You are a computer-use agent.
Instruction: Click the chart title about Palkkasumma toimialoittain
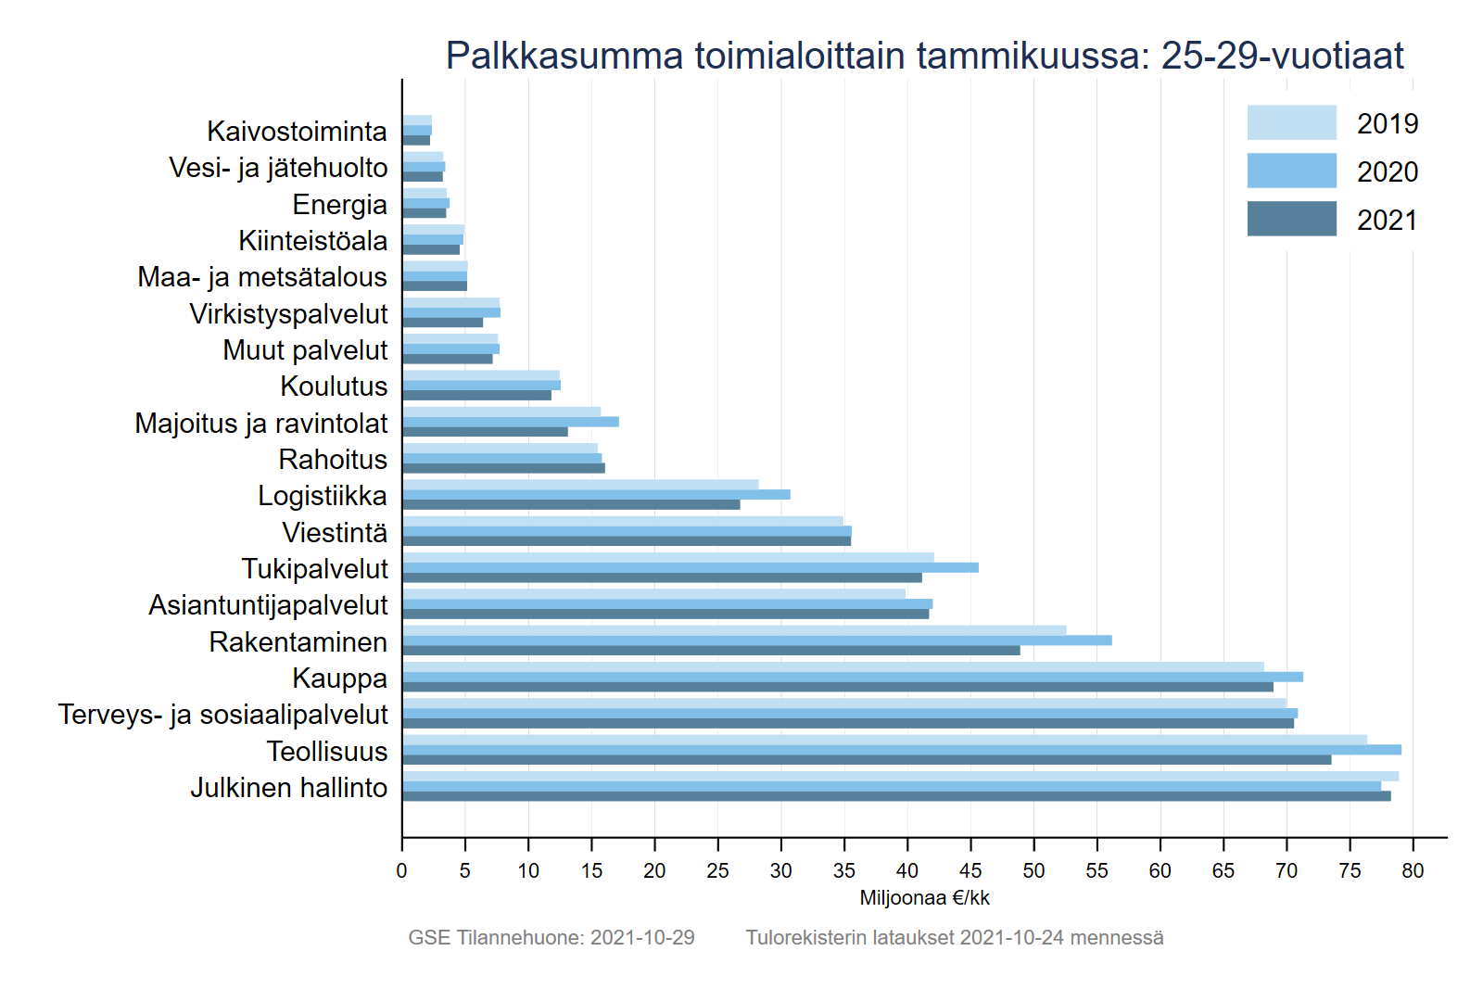click(924, 56)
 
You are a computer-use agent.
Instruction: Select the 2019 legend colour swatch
click(1291, 122)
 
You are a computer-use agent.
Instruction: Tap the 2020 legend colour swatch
click(1291, 171)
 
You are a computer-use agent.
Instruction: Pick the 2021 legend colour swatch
click(1291, 219)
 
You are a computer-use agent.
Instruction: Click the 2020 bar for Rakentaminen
click(756, 640)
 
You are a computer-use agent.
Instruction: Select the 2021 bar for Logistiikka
click(571, 504)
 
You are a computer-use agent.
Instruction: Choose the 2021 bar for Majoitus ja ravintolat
click(485, 432)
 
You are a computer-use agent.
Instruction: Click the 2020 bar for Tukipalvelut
click(690, 567)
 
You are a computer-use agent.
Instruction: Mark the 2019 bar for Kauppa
click(832, 667)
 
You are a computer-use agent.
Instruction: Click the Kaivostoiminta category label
click(297, 132)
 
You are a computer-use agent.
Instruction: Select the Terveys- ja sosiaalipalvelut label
click(222, 715)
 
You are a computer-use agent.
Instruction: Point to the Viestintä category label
click(335, 533)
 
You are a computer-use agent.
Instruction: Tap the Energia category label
click(339, 205)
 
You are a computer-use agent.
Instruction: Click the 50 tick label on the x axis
click(1033, 871)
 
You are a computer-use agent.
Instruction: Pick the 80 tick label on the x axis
click(1413, 871)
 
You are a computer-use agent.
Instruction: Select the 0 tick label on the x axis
click(401, 871)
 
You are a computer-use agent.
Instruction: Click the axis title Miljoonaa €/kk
click(924, 898)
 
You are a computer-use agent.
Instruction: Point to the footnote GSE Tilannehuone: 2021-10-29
click(551, 938)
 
